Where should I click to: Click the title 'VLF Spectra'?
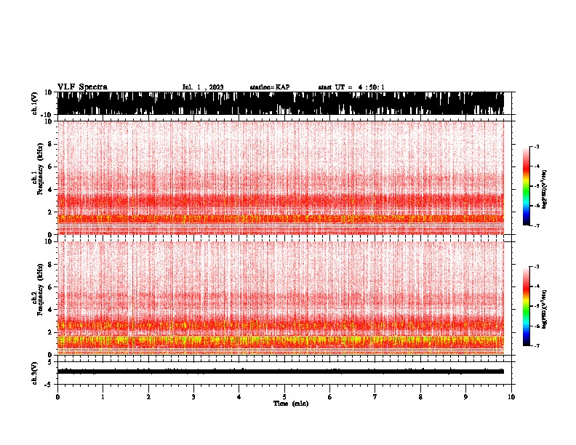81,87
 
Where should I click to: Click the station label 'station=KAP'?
269,87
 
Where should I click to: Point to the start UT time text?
351,87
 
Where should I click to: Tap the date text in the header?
202,87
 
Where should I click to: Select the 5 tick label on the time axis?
284,396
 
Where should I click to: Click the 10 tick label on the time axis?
511,396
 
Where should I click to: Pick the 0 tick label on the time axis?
57,396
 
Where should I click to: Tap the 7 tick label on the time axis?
375,396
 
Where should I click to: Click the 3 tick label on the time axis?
193,396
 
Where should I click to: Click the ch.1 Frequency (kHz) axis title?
36,178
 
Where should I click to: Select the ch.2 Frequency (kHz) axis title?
36,297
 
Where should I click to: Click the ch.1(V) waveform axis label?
36,104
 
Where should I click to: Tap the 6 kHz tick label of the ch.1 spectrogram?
49,167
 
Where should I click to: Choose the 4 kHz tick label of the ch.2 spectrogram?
49,310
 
